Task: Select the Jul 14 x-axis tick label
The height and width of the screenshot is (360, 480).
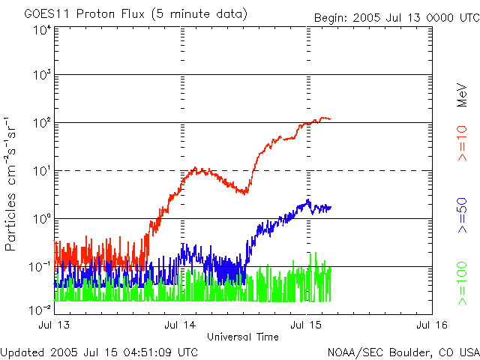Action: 181,325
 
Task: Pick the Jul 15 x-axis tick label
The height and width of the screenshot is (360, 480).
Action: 306,325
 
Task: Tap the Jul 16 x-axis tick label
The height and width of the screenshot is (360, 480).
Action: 431,325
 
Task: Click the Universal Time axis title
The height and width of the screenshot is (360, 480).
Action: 243,337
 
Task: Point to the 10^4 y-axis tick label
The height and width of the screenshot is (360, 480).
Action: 41,30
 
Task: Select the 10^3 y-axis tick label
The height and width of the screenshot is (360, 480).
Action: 41,75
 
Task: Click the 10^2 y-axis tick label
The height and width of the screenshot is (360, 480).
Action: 41,123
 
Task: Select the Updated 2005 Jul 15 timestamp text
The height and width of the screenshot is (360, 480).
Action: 99,351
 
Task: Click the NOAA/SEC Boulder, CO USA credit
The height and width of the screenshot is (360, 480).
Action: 403,351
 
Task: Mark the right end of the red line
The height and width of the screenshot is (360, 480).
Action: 331,118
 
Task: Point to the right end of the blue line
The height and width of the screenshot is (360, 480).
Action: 331,207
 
